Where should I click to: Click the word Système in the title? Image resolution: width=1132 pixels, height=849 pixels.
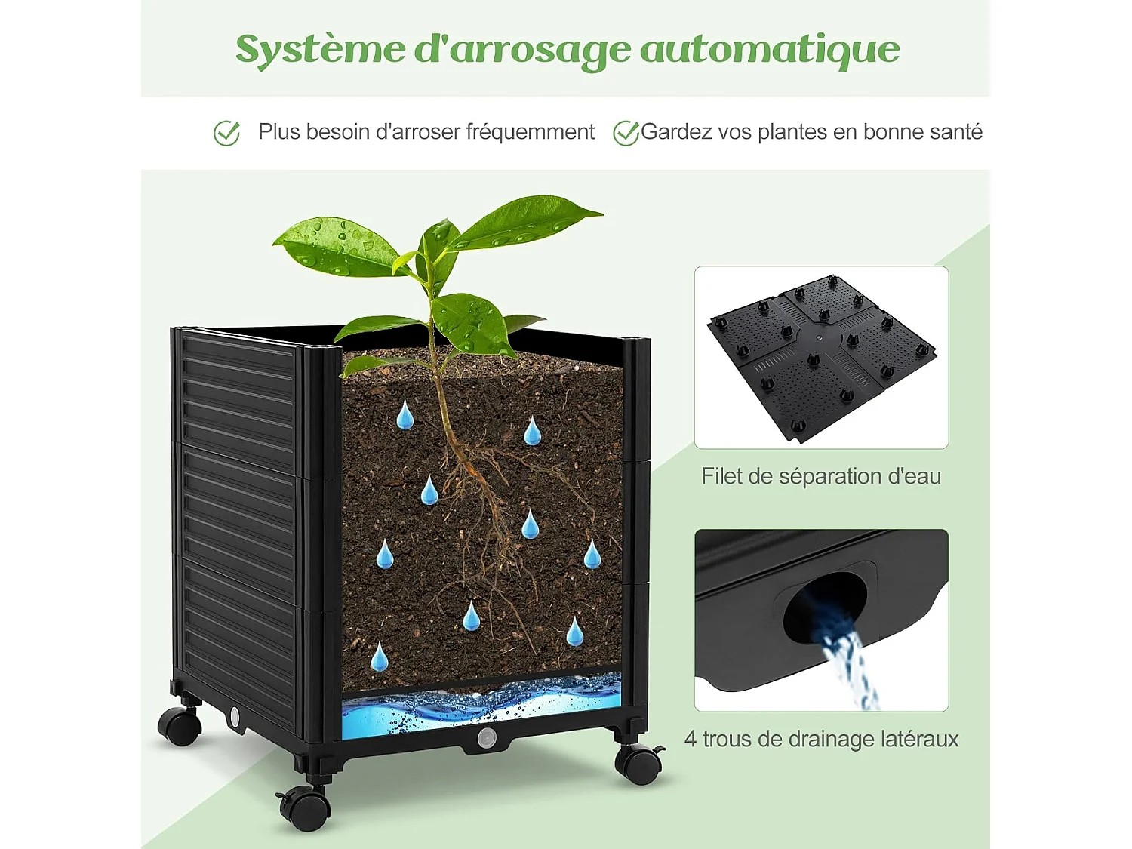tap(321, 50)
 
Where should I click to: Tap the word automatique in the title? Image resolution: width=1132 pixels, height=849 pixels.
tap(770, 50)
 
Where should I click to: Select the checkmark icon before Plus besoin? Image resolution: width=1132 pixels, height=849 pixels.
tap(226, 134)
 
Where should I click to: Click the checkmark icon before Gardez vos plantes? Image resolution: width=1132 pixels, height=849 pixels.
tap(626, 134)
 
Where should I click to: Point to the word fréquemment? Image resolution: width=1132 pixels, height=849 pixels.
tap(530, 132)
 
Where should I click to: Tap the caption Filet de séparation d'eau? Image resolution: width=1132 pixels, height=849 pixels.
tap(821, 477)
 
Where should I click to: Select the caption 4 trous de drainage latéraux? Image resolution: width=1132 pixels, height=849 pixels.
tap(821, 739)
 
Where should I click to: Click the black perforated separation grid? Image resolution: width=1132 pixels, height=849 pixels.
tap(821, 355)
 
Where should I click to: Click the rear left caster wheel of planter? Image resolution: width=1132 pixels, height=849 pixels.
tap(180, 725)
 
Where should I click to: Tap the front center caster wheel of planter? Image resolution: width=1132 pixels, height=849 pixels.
tap(305, 807)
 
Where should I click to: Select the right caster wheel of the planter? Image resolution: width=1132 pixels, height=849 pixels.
tap(638, 764)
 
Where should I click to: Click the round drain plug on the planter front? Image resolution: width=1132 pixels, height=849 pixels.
tap(486, 737)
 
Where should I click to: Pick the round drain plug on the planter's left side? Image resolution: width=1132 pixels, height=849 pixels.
tap(235, 716)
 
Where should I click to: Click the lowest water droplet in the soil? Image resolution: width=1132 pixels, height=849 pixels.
tap(379, 658)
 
